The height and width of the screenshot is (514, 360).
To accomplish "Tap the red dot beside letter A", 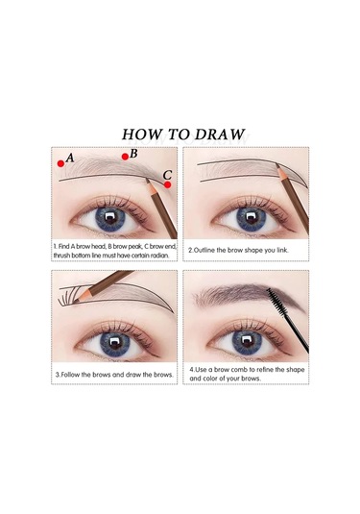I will pyautogui.click(x=60, y=162).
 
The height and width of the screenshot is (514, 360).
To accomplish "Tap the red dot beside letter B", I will pyautogui.click(x=125, y=157).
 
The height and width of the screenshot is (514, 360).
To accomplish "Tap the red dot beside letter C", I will pyautogui.click(x=167, y=184).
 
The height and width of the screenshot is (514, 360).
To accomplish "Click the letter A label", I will pyautogui.click(x=70, y=157).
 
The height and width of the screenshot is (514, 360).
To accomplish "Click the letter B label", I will pyautogui.click(x=134, y=152).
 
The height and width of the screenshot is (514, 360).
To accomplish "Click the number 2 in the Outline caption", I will pyautogui.click(x=190, y=250).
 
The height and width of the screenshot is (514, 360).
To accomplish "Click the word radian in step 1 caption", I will pyautogui.click(x=161, y=255).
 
